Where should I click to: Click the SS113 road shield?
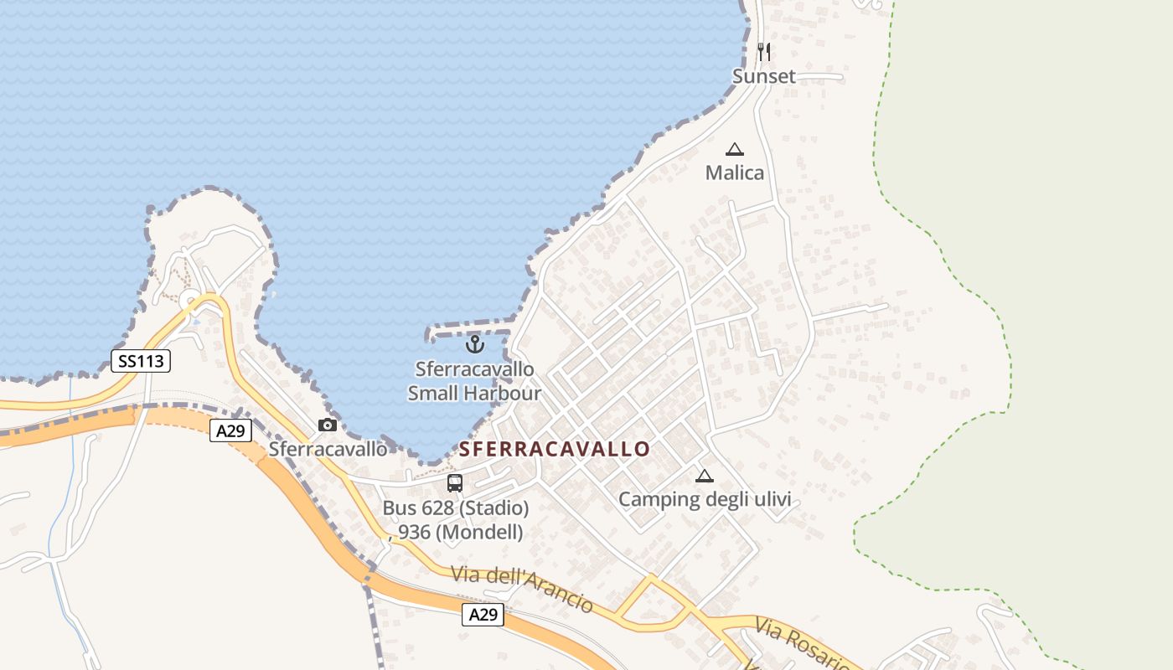141,362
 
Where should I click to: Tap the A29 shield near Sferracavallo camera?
230,431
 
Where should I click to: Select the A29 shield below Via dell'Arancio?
483,615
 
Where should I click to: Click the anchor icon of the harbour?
475,344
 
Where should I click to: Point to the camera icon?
328,425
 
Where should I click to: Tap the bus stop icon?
455,483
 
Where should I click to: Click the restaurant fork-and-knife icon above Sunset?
763,52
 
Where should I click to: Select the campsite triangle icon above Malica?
735,150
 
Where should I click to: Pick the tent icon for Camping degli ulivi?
704,477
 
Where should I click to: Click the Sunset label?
763,76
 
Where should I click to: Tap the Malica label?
735,173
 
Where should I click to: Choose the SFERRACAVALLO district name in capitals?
554,449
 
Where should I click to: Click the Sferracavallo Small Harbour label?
474,381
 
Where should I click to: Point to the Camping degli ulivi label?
704,500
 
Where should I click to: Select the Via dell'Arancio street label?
522,589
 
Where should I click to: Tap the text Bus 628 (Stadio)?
456,508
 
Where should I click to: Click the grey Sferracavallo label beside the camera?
328,449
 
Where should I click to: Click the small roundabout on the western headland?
192,301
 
